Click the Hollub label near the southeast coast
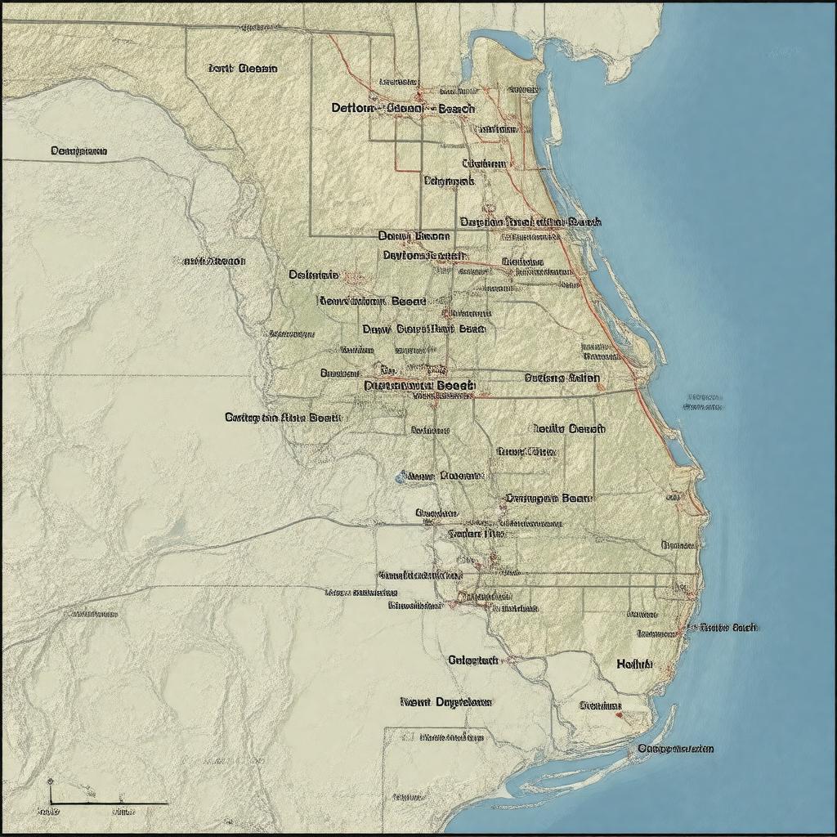tap(634, 665)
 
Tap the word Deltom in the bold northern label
tap(353, 108)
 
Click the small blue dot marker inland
tap(400, 476)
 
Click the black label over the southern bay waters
tap(675, 749)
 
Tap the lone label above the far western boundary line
tap(78, 150)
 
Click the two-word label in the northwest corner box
tap(242, 69)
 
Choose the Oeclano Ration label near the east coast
tap(562, 378)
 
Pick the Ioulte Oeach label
tap(568, 428)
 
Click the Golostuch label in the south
tap(472, 660)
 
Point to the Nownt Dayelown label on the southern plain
tap(446, 701)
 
